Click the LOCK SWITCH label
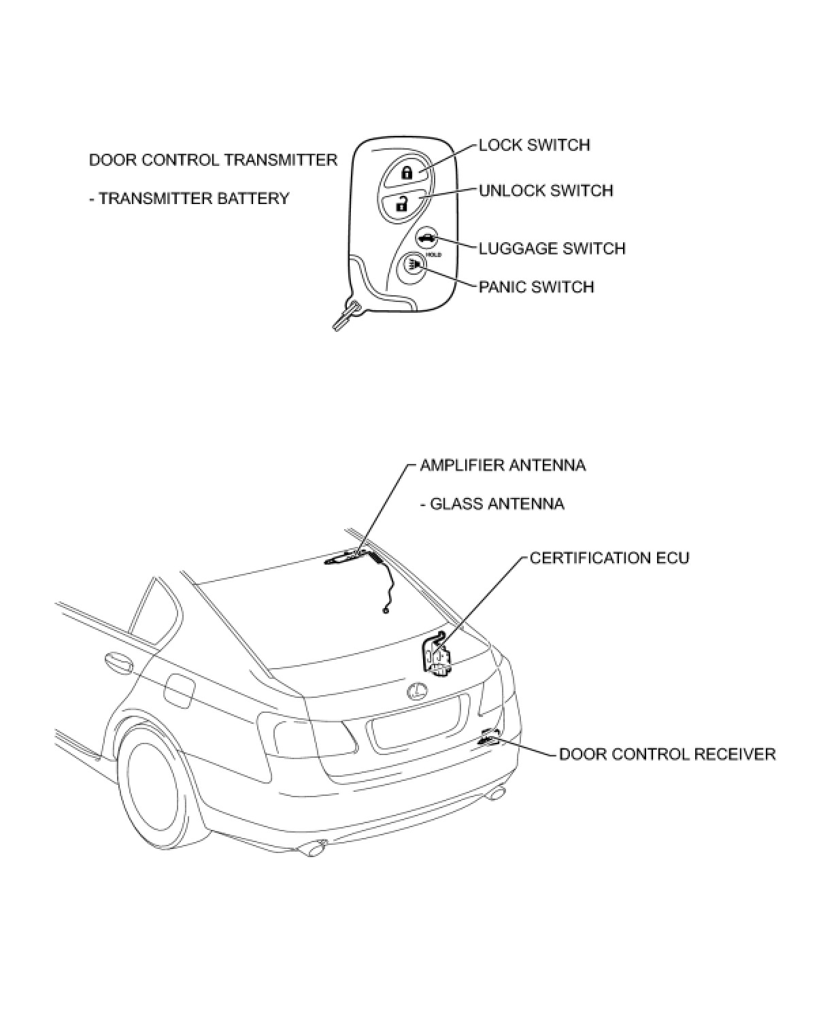534,145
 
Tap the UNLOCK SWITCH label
545,190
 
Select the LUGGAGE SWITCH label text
552,248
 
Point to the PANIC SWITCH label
536,286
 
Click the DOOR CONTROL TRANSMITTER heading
213,160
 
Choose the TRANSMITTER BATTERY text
190,199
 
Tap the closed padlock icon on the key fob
407,172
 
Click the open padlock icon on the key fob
403,203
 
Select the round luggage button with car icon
426,238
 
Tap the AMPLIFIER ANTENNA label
503,465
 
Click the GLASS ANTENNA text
492,504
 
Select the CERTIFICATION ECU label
609,558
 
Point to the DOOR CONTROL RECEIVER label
667,754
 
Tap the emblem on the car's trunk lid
416,692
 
